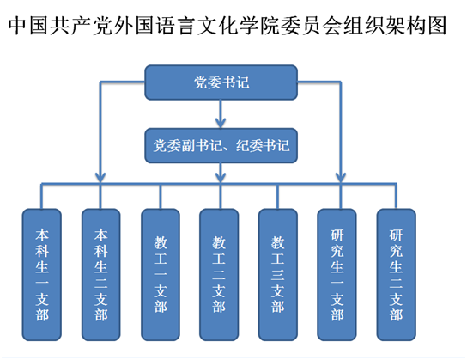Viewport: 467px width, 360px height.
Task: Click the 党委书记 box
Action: (x=221, y=82)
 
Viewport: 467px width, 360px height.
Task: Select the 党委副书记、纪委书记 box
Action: (x=221, y=146)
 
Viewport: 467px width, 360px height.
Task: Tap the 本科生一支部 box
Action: (x=42, y=274)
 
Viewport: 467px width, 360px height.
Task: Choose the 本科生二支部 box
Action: (x=101, y=274)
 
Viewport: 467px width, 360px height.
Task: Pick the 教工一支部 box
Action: (x=161, y=274)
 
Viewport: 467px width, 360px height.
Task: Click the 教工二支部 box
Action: (x=219, y=274)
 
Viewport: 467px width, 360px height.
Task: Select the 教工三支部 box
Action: (x=278, y=274)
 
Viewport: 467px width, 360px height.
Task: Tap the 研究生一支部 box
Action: (x=337, y=274)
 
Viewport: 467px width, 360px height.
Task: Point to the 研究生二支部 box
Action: (x=396, y=274)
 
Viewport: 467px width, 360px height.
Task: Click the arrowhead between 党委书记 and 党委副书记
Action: (x=221, y=123)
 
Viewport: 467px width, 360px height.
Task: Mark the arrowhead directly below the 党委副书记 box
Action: (x=221, y=177)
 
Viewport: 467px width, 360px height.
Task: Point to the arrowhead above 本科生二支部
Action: (x=100, y=177)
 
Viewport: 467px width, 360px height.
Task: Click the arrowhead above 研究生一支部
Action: (x=341, y=177)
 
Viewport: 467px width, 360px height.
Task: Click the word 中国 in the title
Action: (x=27, y=26)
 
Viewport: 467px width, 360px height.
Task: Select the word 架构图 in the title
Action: (x=415, y=26)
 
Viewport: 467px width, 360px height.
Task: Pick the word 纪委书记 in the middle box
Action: (x=263, y=146)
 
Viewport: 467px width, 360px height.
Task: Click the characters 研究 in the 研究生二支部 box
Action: (x=396, y=243)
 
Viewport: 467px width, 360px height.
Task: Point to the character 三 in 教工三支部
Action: (x=278, y=275)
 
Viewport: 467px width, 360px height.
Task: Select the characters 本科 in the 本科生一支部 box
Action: (x=42, y=243)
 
